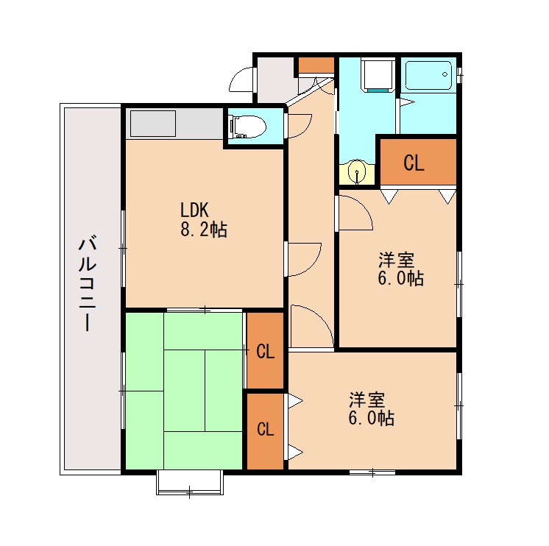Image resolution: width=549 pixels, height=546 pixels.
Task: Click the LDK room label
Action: point(194,210)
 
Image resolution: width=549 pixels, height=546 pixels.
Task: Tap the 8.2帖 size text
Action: point(203,230)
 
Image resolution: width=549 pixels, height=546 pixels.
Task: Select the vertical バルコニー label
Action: point(87,284)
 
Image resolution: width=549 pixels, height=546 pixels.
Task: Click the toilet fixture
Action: point(248,126)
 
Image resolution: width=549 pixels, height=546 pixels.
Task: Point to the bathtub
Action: point(428,76)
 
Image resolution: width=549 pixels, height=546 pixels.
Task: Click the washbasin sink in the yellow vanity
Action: point(357,172)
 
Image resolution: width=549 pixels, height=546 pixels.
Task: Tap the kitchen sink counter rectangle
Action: point(153,124)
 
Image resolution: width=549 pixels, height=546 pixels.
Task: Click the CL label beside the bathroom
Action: point(414,163)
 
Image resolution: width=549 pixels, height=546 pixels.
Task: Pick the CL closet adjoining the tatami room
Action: point(265,351)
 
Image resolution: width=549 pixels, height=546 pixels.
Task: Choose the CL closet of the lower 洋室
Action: point(265,431)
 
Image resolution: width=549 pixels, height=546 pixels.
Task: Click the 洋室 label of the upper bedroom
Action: point(396,260)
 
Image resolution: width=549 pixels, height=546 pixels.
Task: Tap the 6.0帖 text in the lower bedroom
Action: point(371,418)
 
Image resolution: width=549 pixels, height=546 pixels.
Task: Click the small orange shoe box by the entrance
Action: point(316,65)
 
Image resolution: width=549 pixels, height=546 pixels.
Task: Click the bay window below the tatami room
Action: point(189,483)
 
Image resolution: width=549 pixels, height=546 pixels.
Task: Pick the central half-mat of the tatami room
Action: point(184,391)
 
